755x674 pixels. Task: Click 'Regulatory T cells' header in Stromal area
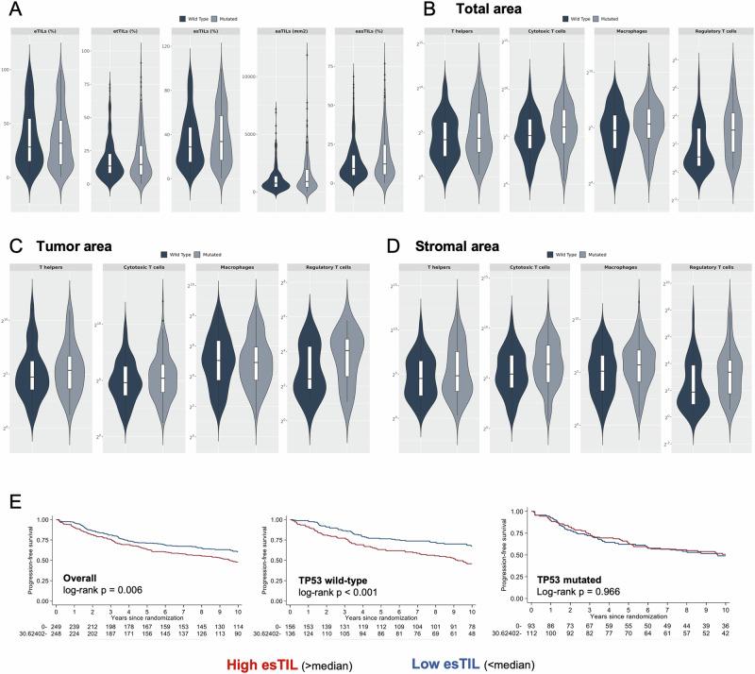(x=709, y=269)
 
